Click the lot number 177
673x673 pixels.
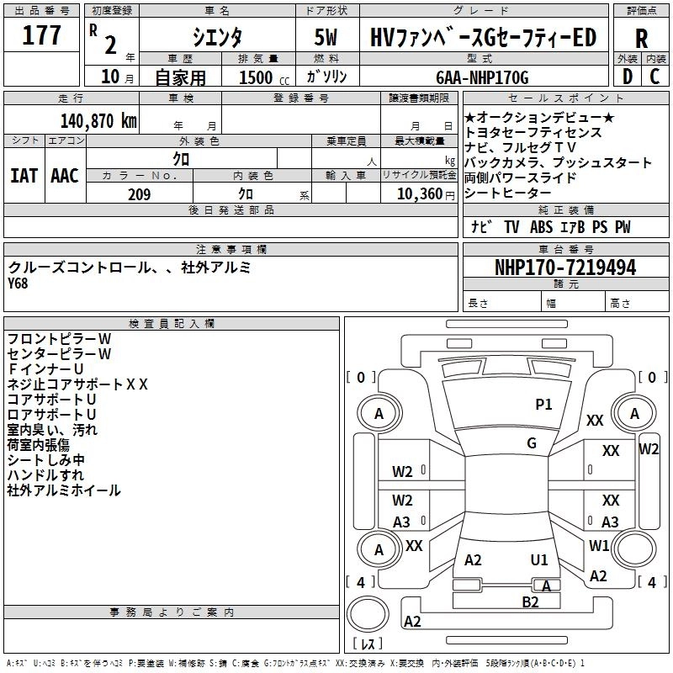42,35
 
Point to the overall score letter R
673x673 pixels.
642,38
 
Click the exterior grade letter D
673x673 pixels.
627,77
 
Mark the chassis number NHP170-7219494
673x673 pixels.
565,268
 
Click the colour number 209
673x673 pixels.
139,194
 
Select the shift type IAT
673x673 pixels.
23,176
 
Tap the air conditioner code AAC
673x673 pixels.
64,176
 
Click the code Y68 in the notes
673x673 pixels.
18,283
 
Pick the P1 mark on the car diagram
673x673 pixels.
544,405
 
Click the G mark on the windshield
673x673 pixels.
532,443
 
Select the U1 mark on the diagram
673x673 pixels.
539,559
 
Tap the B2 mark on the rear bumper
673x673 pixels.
530,601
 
